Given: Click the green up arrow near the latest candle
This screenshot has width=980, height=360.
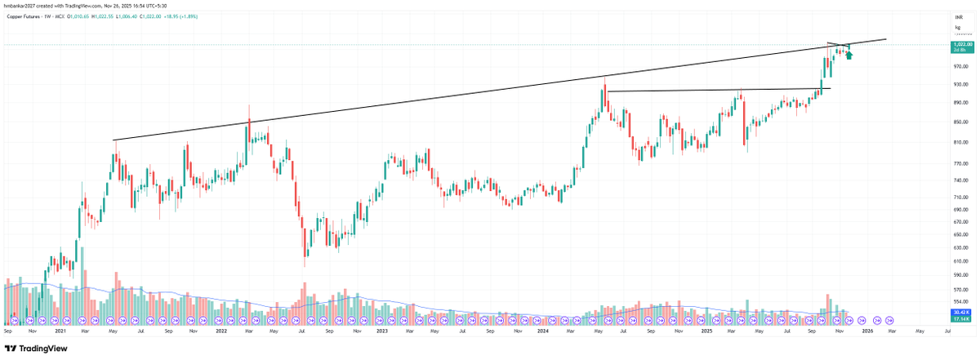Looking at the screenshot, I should click(x=849, y=55).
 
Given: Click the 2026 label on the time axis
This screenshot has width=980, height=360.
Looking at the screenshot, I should click(x=866, y=332).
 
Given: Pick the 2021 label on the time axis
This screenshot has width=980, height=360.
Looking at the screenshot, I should click(x=60, y=332).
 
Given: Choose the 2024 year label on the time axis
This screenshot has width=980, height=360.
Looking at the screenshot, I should click(x=543, y=332).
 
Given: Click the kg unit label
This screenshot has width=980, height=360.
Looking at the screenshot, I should click(x=957, y=28).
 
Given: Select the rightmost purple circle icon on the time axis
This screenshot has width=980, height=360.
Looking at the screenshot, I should click(x=889, y=320).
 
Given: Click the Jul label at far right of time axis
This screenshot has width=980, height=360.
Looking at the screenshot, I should click(x=947, y=332).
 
